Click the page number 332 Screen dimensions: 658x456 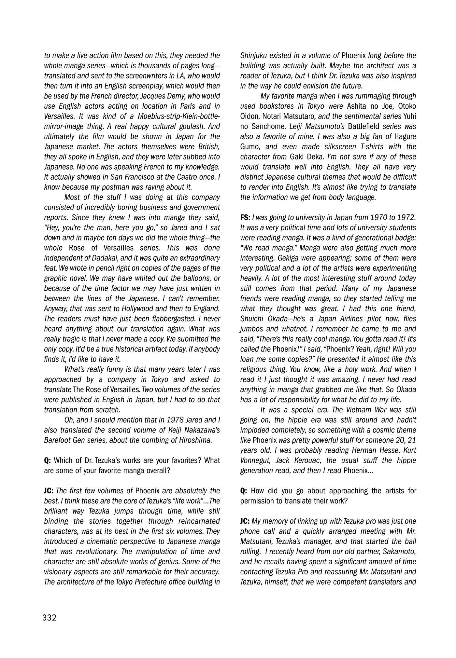[50, 618]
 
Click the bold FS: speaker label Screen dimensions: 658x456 [245, 217]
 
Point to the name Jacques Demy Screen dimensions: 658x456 [163, 96]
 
